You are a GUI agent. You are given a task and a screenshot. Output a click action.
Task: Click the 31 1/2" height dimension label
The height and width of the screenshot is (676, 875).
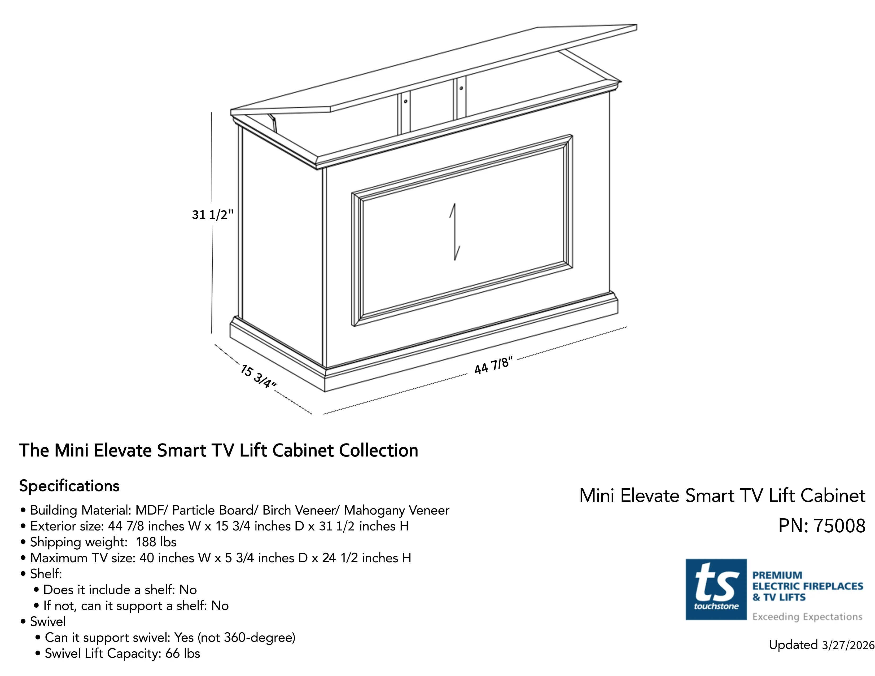click(212, 215)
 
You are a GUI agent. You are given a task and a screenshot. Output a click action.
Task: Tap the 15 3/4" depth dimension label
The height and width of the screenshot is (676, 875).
click(259, 376)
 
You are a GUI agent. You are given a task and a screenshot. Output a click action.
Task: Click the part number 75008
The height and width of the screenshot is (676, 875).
click(839, 526)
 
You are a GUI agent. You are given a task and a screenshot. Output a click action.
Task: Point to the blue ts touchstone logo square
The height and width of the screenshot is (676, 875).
click(716, 590)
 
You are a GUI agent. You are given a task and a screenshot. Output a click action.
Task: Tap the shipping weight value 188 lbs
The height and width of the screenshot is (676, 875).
click(156, 542)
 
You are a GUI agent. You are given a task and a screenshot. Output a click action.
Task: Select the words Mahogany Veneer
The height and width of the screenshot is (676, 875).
click(397, 511)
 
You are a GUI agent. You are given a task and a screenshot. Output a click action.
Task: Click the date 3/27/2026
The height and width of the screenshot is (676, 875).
click(848, 645)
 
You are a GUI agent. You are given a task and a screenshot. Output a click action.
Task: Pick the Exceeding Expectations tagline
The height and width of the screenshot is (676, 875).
click(807, 617)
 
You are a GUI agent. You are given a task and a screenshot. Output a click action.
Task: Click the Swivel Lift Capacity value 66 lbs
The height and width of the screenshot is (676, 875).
click(182, 653)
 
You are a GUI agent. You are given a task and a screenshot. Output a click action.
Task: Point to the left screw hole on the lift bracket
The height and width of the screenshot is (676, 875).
click(405, 101)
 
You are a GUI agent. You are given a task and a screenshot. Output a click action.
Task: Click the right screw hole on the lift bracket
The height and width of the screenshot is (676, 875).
click(461, 88)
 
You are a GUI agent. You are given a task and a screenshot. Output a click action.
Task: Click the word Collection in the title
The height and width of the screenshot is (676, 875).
click(379, 450)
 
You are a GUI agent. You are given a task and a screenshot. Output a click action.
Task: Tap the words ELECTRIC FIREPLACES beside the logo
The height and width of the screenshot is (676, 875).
click(808, 586)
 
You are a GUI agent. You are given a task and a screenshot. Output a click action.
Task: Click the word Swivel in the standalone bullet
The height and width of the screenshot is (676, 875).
click(48, 622)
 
